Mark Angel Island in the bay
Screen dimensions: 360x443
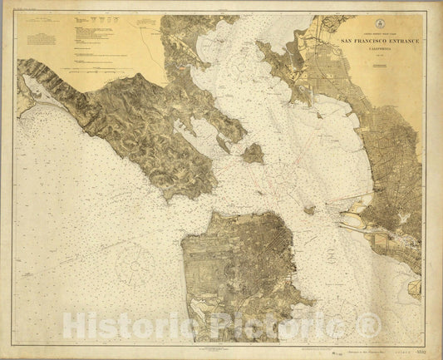click(253, 153)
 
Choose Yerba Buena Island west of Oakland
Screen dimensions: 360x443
click(309, 210)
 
